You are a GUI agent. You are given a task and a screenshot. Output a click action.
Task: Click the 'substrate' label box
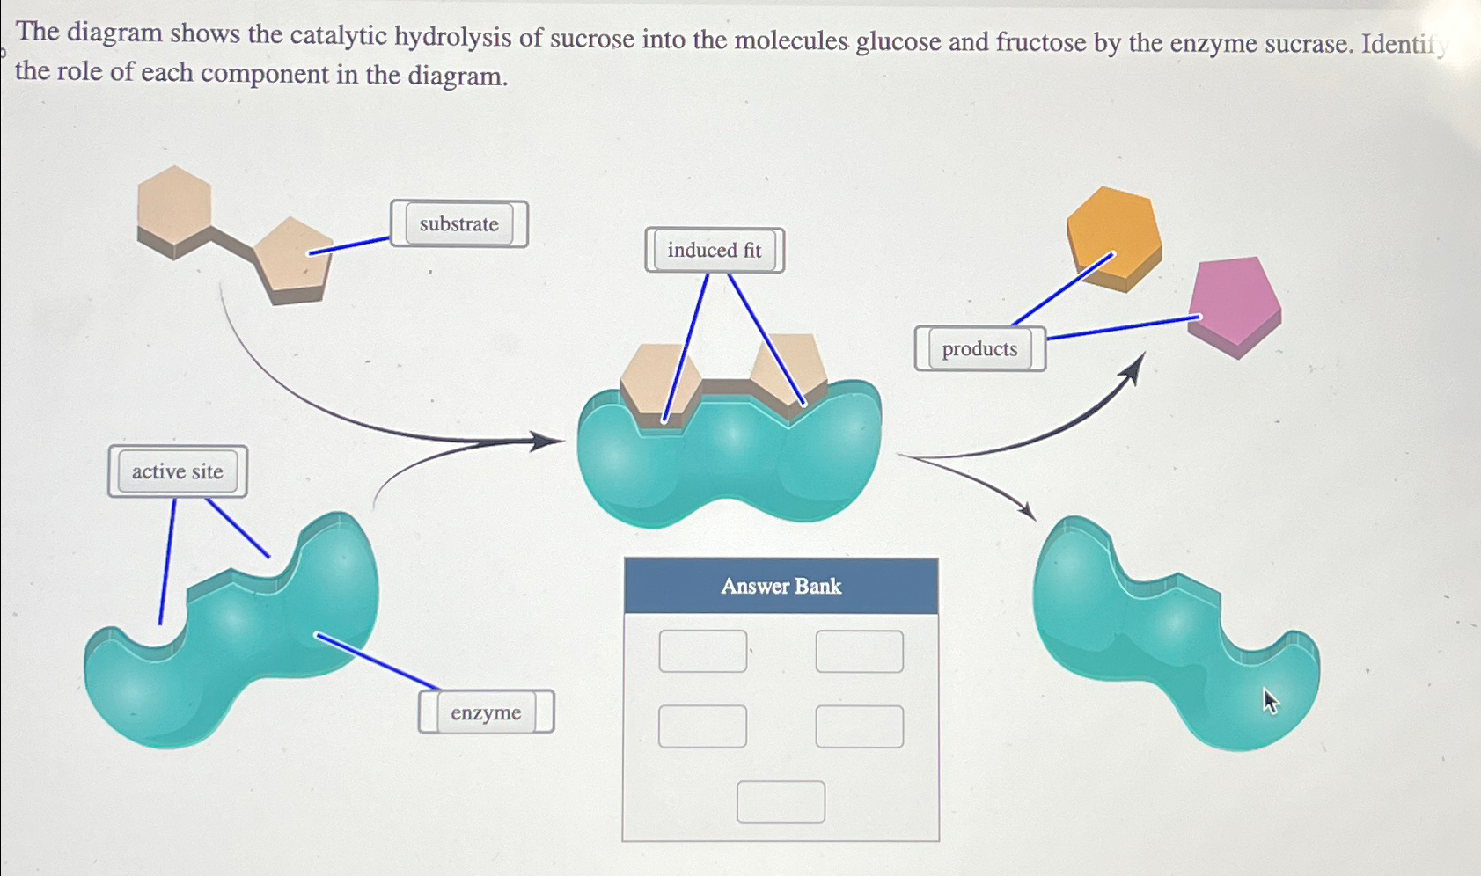point(458,224)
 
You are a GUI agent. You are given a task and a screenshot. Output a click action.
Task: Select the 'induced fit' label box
point(714,251)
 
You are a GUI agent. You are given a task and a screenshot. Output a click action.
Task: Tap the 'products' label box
point(979,349)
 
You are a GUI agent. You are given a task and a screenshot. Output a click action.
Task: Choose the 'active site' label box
point(177,472)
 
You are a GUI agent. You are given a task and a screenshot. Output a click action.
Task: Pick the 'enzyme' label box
point(486,712)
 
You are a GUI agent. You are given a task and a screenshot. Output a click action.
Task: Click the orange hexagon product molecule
point(1113,235)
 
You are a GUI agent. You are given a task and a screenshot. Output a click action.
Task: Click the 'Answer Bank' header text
point(781,587)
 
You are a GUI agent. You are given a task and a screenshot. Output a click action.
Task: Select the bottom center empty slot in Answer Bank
point(781,802)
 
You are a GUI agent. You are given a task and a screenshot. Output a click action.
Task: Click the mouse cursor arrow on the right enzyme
point(1270,701)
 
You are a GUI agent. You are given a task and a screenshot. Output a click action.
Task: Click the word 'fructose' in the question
point(1040,42)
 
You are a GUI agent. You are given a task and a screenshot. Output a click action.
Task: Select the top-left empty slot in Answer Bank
point(702,652)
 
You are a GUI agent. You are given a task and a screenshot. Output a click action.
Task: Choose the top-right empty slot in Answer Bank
point(859,652)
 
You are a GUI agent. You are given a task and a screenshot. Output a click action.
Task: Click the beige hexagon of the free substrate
point(174,206)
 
